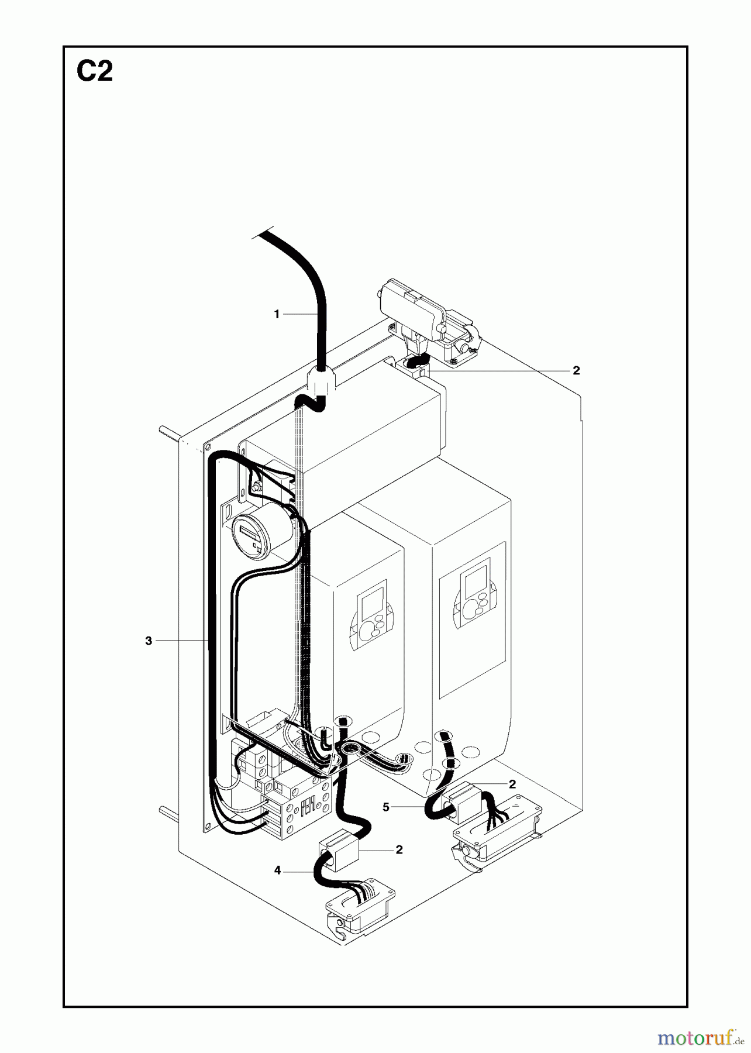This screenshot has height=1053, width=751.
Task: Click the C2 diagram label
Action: click(x=95, y=73)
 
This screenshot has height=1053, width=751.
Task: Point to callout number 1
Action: click(x=277, y=315)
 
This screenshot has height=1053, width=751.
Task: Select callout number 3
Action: click(x=149, y=641)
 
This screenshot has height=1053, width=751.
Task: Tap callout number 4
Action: click(x=277, y=871)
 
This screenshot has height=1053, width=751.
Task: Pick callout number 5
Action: click(x=386, y=807)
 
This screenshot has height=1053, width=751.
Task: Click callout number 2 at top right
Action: click(x=576, y=370)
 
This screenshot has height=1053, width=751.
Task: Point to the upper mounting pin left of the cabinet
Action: click(x=171, y=433)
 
